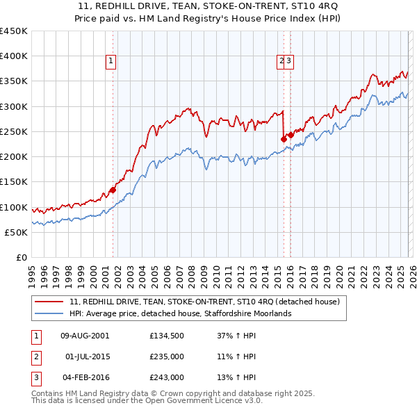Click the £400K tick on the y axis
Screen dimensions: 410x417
[x=13, y=56]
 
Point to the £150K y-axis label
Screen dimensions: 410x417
[x=13, y=182]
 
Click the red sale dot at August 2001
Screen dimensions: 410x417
[x=113, y=190]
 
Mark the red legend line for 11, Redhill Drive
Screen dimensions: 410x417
[x=49, y=302]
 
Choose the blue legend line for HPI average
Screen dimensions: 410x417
[x=49, y=314]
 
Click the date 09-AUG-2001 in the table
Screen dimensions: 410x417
[x=85, y=336]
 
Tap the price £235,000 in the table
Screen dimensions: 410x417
[x=166, y=356]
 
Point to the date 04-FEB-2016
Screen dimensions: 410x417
[x=85, y=377]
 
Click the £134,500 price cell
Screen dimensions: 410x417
[x=166, y=336]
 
